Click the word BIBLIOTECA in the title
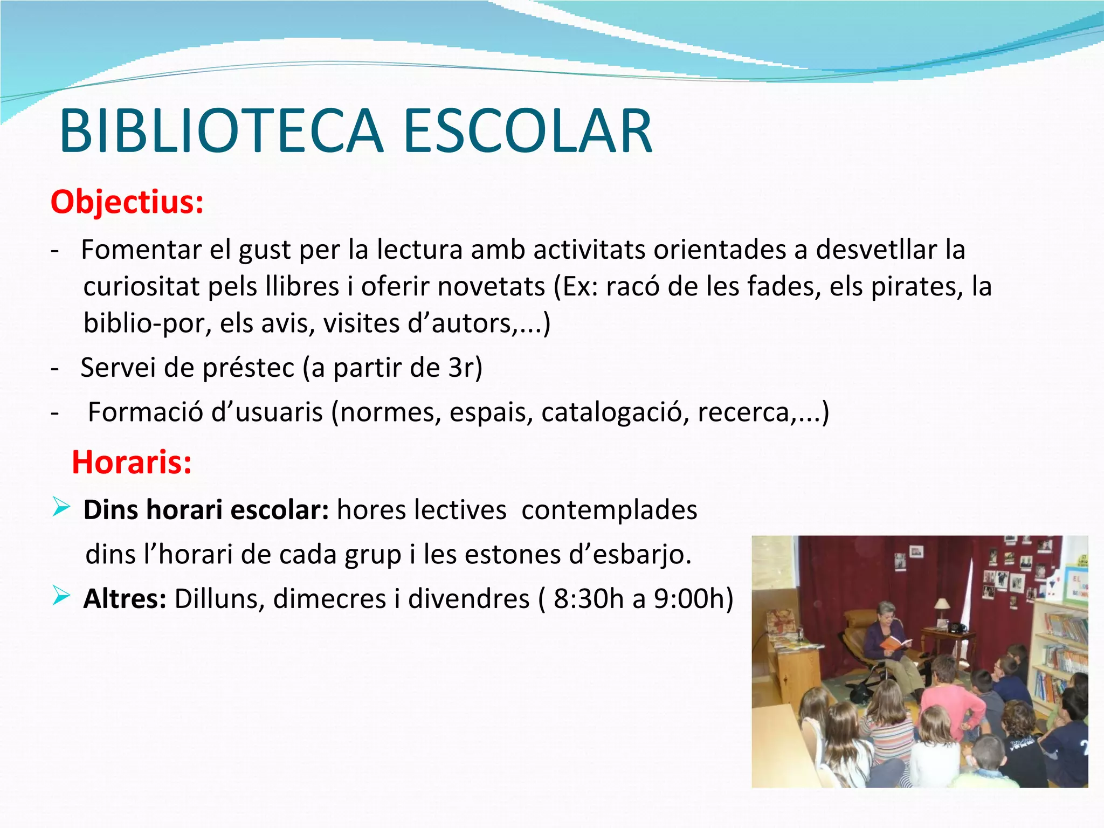click(221, 132)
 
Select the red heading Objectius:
click(127, 202)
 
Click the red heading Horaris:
click(132, 463)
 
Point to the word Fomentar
click(141, 250)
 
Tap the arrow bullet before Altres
click(61, 596)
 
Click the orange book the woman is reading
click(894, 643)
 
